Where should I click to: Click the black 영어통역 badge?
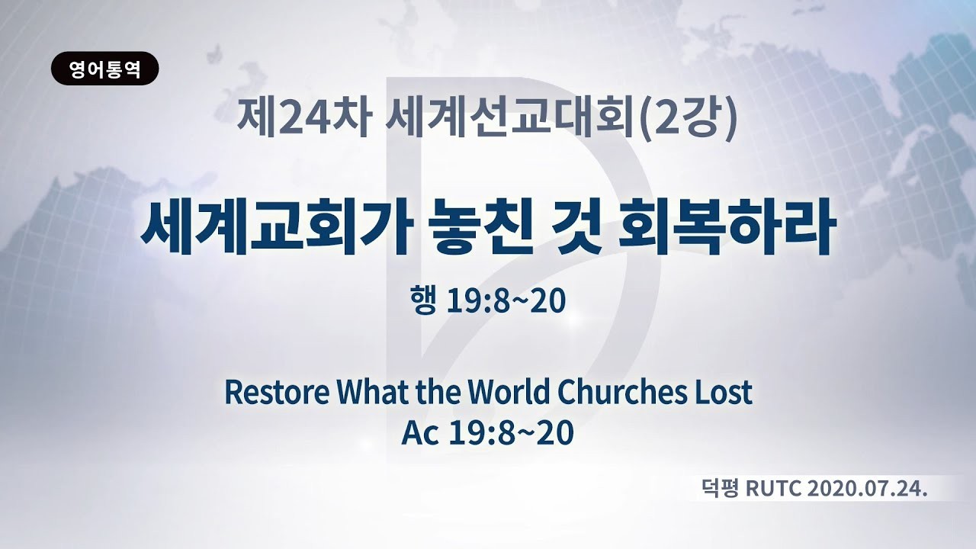coord(105,69)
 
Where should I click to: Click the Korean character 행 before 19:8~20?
coord(422,300)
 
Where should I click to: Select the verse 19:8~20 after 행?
coord(506,301)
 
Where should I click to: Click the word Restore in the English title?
coord(277,392)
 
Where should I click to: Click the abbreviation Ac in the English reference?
coord(419,434)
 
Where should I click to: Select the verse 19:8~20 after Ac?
coord(511,434)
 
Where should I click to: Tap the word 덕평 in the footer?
coord(721,489)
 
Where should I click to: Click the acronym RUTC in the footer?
coord(774,489)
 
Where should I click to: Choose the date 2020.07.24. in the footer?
coord(867,489)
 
